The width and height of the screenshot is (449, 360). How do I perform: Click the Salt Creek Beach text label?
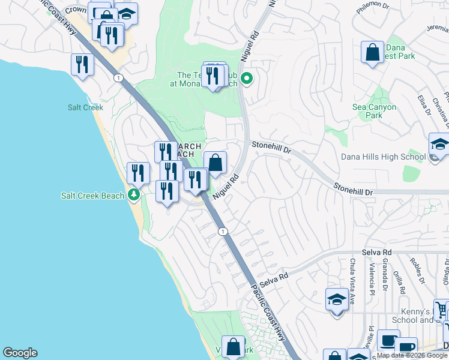click(x=91, y=196)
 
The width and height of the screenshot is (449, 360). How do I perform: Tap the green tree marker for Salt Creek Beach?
click(x=134, y=195)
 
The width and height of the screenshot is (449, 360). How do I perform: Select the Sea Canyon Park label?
click(x=374, y=111)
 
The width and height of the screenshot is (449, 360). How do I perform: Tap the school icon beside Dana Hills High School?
click(x=439, y=145)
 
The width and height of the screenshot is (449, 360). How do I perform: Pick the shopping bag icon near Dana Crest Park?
click(x=373, y=52)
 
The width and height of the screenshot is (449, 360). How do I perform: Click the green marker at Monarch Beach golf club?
click(x=246, y=78)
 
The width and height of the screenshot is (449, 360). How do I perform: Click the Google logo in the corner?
click(x=20, y=353)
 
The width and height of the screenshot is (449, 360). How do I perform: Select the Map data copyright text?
click(x=412, y=355)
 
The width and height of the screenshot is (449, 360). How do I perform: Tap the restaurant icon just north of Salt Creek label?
click(x=82, y=64)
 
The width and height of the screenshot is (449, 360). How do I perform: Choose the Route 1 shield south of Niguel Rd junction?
click(x=223, y=232)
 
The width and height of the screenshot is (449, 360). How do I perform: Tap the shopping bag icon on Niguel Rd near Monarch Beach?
click(x=215, y=163)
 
